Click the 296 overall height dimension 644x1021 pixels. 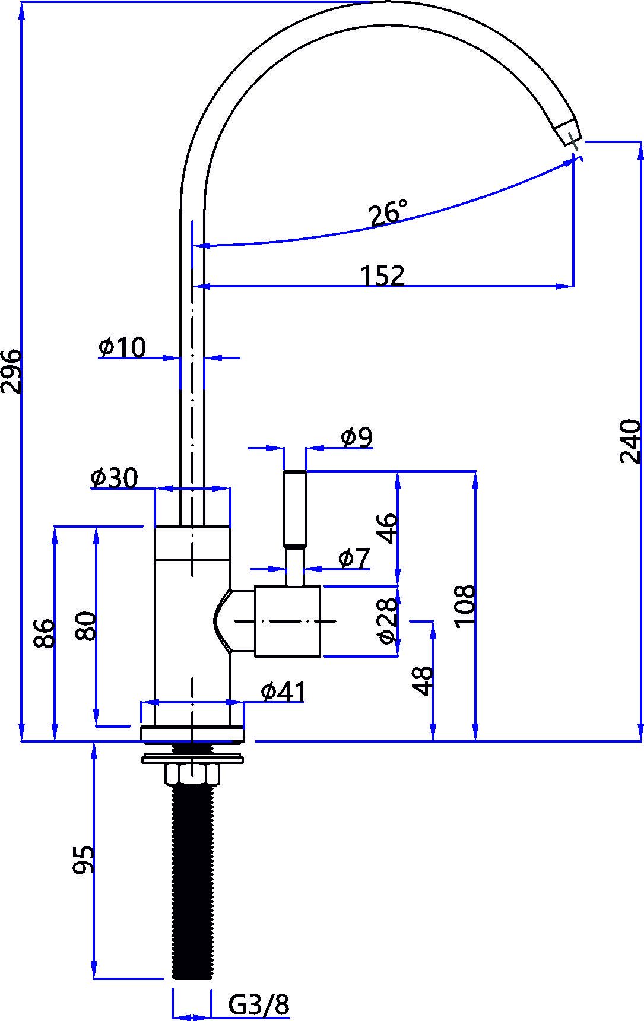pos(12,371)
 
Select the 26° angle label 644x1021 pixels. pos(389,214)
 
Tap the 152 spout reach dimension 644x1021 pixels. pos(383,276)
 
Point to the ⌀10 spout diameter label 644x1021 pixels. pos(122,348)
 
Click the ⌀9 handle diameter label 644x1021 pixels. pos(357,437)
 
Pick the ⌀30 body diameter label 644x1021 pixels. pos(114,477)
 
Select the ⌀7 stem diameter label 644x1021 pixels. pos(354,558)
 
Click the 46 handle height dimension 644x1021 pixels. pos(387,528)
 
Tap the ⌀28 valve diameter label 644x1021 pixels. pos(387,620)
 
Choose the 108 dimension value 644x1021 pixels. pos(465,605)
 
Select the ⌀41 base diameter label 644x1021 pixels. pos(284,692)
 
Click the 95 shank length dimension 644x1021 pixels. pos(84,860)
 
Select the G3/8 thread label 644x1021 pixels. pos(259,1006)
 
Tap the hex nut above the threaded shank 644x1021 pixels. pos(192,774)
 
